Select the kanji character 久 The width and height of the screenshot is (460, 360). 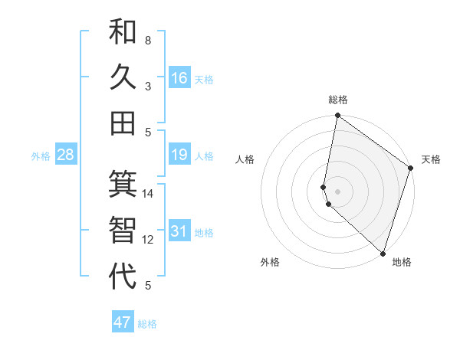pyautogui.click(x=123, y=77)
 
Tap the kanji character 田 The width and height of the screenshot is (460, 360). pyautogui.click(x=123, y=123)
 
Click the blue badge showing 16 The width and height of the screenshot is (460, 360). pyautogui.click(x=179, y=78)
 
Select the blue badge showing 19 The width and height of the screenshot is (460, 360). pyautogui.click(x=179, y=155)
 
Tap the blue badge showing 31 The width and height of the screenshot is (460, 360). pyautogui.click(x=179, y=232)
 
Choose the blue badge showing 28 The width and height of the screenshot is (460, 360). pyautogui.click(x=66, y=155)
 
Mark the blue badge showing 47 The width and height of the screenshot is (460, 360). pyautogui.click(x=123, y=322)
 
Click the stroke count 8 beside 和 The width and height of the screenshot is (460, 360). pyautogui.click(x=148, y=40)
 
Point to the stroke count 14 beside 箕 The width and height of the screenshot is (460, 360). pyautogui.click(x=148, y=194)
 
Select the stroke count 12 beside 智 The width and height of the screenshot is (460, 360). pyautogui.click(x=148, y=240)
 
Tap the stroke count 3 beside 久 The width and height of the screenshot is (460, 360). pyautogui.click(x=148, y=86)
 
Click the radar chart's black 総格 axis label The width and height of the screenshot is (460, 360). pyautogui.click(x=338, y=100)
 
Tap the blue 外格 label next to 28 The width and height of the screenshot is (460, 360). pyautogui.click(x=41, y=156)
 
